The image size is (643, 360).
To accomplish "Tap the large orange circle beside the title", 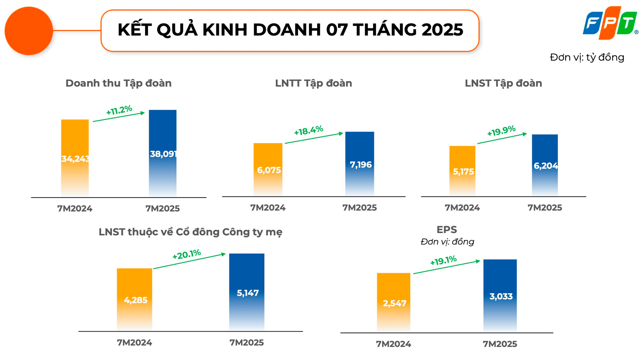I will click(x=29, y=31).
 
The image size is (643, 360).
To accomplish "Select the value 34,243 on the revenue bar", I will click(x=75, y=159).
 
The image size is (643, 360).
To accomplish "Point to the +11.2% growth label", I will click(x=119, y=110).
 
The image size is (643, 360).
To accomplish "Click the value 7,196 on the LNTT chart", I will click(x=361, y=165).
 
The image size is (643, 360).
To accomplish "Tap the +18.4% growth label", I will click(x=308, y=130).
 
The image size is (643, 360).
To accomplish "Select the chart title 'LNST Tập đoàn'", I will click(x=503, y=83).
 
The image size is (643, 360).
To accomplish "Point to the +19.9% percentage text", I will click(x=501, y=131).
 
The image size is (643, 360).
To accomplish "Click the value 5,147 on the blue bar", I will click(x=248, y=293).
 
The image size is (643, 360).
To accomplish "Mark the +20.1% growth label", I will click(x=187, y=255).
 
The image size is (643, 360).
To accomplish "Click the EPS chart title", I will click(x=447, y=230).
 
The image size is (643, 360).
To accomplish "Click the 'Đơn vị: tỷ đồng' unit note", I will click(x=587, y=57).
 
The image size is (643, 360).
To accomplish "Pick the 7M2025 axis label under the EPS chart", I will click(x=500, y=344).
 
